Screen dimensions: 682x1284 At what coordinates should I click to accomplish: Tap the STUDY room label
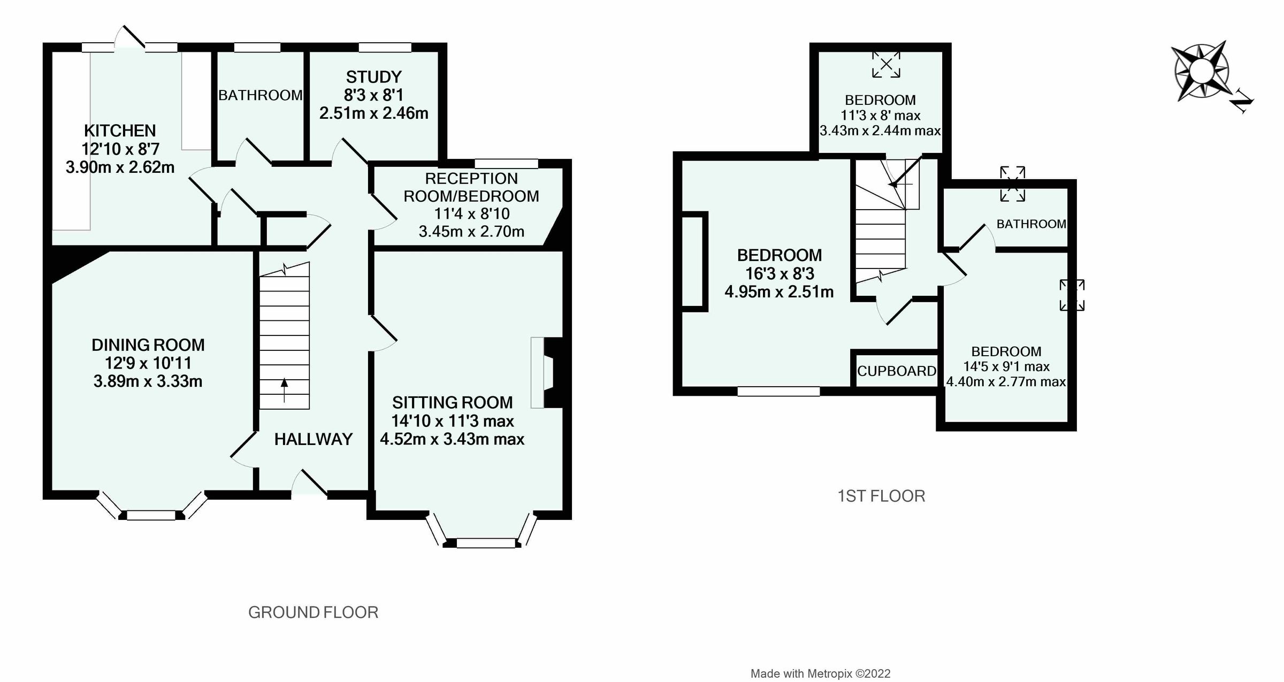coord(373,77)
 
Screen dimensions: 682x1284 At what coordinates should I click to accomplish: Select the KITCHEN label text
coord(120,131)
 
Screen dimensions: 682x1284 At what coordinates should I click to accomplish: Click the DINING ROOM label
coord(148,345)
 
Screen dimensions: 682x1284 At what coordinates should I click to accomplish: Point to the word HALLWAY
coord(314,439)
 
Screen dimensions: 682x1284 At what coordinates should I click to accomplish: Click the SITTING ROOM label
coord(452,402)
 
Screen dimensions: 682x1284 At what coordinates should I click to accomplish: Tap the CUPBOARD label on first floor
coord(897,371)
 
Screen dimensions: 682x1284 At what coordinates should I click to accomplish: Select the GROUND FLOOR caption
coord(313,612)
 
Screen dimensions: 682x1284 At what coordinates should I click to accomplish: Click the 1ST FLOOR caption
coord(881,496)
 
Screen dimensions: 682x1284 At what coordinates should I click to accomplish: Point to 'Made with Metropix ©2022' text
coord(820,673)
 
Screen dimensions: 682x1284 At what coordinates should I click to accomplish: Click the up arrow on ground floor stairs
coord(284,389)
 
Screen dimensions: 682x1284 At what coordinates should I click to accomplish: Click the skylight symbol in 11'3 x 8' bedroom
coord(886,65)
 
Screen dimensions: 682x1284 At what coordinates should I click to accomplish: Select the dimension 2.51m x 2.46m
coord(373,113)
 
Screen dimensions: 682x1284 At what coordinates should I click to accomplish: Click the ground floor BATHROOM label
coord(260,95)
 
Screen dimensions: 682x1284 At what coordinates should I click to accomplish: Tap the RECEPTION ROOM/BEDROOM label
coord(471,187)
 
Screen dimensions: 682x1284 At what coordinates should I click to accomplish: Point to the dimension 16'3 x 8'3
coord(779,273)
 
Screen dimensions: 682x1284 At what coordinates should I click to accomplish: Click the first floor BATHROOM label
coord(1031,224)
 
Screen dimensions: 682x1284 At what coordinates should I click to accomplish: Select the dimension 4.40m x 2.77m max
coord(1006,382)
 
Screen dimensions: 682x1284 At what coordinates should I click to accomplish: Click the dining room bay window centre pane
coord(151,515)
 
